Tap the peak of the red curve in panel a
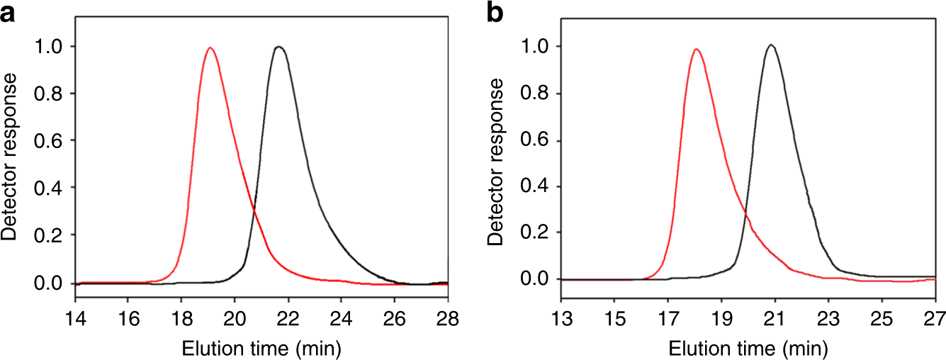[210, 48]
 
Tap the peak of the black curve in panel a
[278, 47]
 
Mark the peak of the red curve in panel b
[697, 50]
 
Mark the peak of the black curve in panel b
[771, 45]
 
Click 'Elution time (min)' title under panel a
[261, 348]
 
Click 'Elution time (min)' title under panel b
[748, 348]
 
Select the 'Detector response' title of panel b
[497, 162]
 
